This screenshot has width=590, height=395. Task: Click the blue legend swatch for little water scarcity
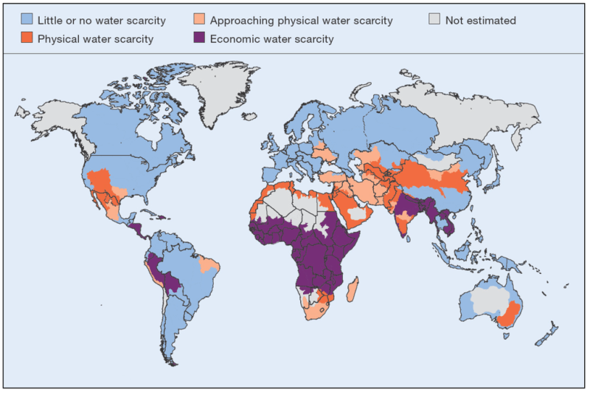[29, 21]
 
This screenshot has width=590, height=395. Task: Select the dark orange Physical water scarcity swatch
[29, 39]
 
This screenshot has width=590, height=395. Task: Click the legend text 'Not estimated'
[480, 21]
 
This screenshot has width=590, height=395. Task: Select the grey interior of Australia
[487, 299]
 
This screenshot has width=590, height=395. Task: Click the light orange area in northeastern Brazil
[211, 265]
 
